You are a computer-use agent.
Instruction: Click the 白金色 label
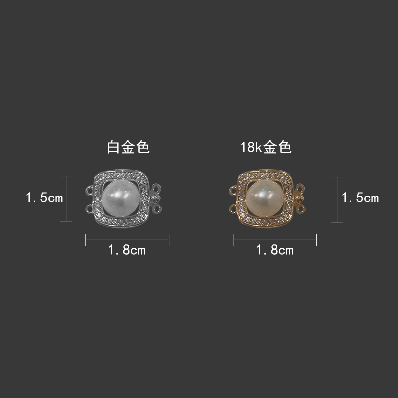(x=128, y=147)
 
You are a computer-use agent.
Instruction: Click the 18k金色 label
(x=266, y=147)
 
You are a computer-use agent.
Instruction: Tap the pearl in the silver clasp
(x=121, y=198)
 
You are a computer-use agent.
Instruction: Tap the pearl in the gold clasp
(x=265, y=198)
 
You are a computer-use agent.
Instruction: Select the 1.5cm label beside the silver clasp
(x=44, y=198)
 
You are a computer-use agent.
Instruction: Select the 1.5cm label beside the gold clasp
(x=360, y=198)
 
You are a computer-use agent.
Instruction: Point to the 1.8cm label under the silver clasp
(x=127, y=250)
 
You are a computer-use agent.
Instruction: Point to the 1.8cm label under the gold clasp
(x=275, y=250)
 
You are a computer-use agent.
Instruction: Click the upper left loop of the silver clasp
(x=90, y=190)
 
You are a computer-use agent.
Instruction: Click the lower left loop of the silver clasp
(x=90, y=209)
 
